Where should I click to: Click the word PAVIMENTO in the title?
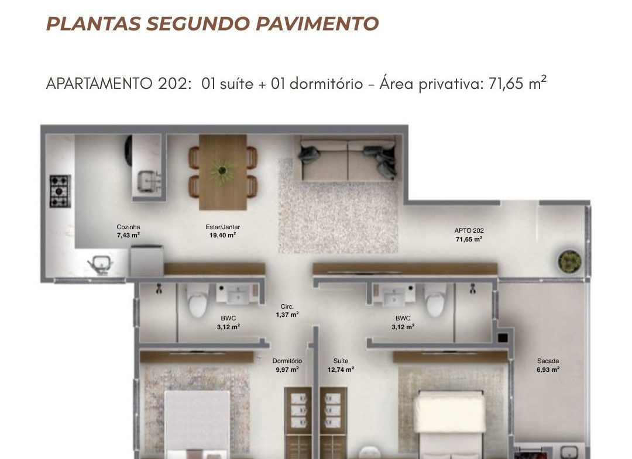317,23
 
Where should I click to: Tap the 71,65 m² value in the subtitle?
517,84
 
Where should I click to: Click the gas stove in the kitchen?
60,191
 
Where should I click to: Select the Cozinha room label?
128,231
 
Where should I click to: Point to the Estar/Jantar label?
222,231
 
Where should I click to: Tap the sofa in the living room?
347,160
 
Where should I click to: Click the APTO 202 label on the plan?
469,234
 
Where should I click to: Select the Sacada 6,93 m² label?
548,365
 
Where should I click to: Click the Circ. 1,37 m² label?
287,311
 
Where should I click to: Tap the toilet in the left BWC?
198,301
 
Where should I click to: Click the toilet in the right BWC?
435,300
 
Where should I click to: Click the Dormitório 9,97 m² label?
287,365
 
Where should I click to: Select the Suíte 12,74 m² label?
341,365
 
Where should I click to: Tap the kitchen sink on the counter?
147,181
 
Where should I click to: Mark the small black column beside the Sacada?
502,338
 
